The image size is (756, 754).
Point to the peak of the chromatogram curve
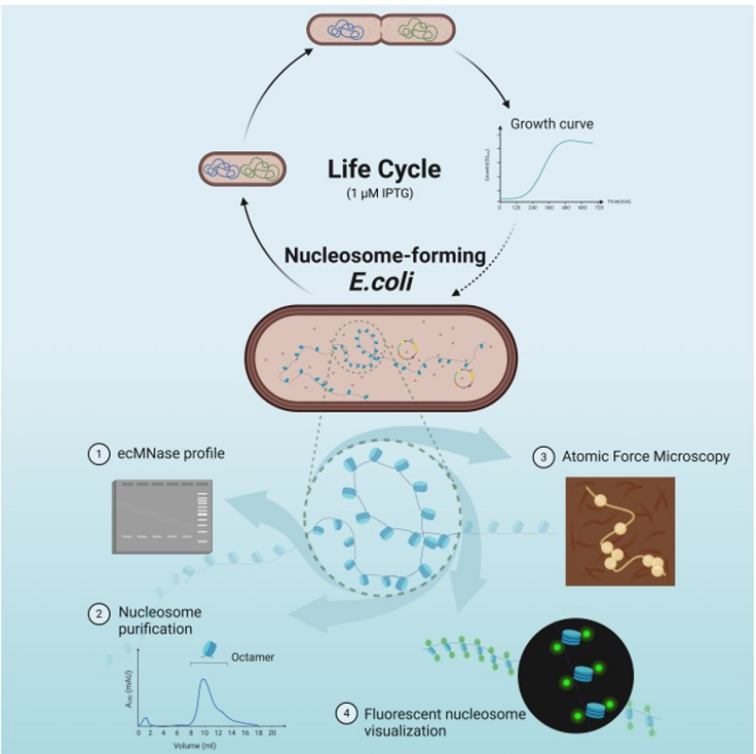pos(204,679)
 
